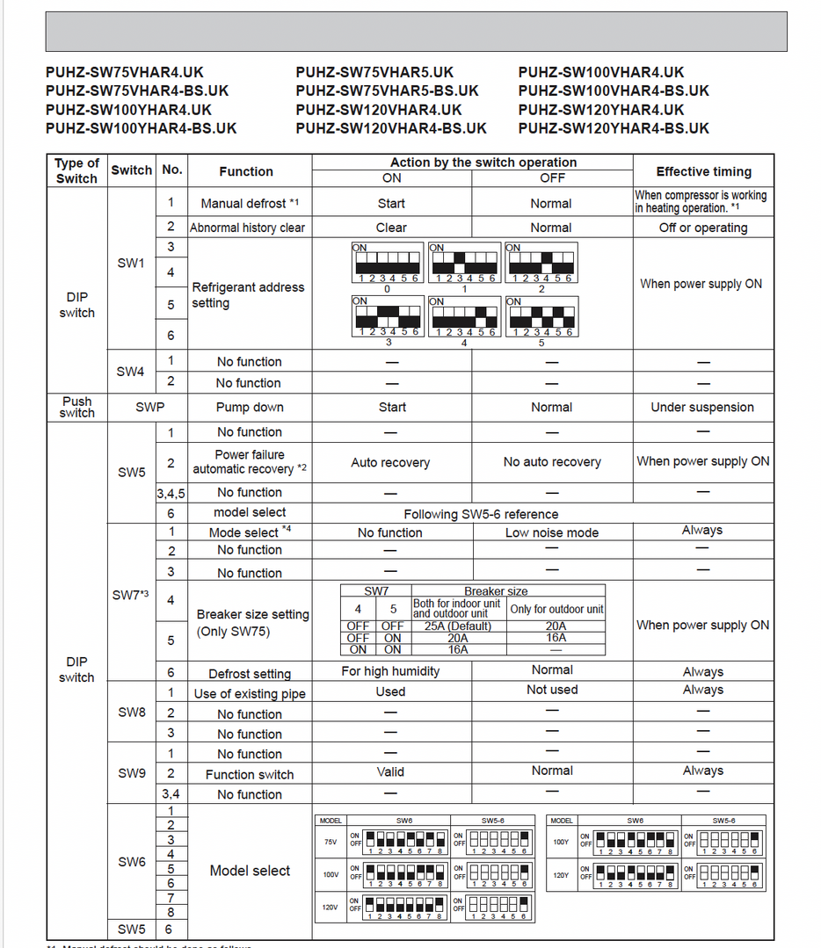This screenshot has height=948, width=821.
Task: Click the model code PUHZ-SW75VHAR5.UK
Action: (x=374, y=72)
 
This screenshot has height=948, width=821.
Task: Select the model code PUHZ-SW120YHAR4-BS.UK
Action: (x=614, y=128)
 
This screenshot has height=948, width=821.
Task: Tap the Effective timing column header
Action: (x=703, y=171)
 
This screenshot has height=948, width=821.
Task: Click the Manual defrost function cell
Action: (x=250, y=203)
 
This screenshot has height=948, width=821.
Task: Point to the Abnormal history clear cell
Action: (x=249, y=228)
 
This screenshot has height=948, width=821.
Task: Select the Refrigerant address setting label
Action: (x=248, y=295)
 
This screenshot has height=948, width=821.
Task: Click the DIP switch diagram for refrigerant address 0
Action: (x=387, y=264)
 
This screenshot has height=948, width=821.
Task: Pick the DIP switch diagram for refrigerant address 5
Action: (x=541, y=316)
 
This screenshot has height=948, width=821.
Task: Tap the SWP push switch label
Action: (x=149, y=408)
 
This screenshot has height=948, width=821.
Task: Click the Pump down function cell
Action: (x=250, y=408)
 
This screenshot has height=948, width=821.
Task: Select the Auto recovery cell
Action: (x=390, y=462)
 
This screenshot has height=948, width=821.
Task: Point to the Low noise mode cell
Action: (x=551, y=532)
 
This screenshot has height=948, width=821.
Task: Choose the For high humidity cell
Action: (x=390, y=671)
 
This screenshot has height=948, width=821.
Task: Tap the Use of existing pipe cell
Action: (x=250, y=693)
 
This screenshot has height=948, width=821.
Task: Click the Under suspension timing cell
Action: (x=702, y=408)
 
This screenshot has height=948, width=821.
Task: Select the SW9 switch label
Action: (x=132, y=773)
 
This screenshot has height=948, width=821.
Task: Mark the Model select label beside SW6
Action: (x=250, y=871)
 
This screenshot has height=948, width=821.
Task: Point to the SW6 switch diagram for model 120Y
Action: (x=635, y=875)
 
